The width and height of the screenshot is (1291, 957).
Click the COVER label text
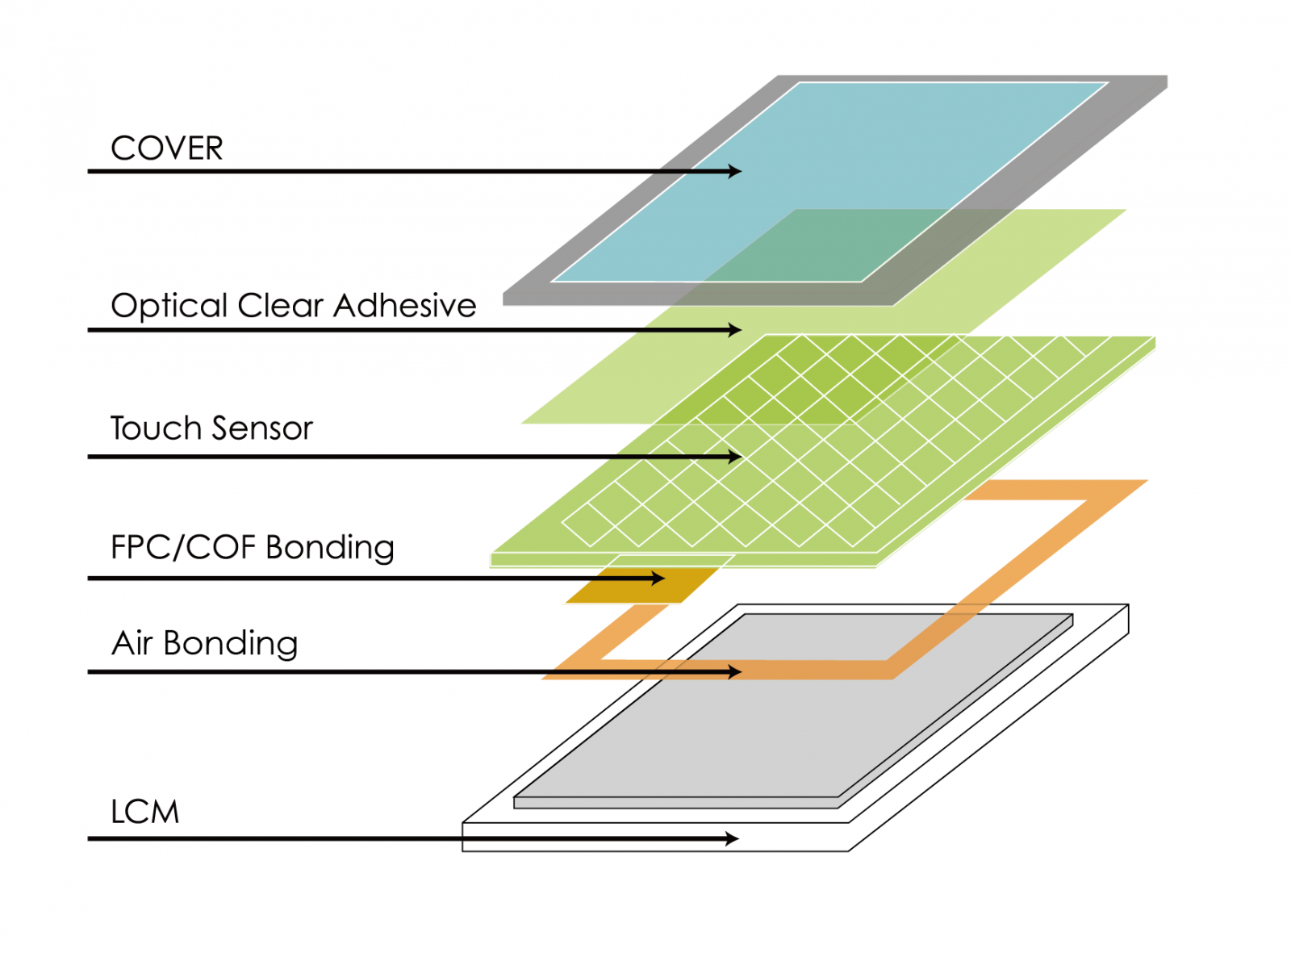pyautogui.click(x=166, y=148)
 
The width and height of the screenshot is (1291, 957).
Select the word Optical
pyautogui.click(x=169, y=307)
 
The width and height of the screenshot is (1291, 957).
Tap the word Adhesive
pyautogui.click(x=404, y=305)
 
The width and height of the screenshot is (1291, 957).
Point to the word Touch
pyautogui.click(x=156, y=428)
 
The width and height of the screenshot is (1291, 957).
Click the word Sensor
pyautogui.click(x=262, y=429)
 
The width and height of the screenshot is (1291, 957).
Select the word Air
pyautogui.click(x=132, y=643)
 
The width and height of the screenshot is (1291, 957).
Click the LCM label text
pyautogui.click(x=145, y=812)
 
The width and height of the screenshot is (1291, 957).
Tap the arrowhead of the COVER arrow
pyautogui.click(x=735, y=171)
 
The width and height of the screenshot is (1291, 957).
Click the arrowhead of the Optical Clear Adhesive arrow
pyautogui.click(x=735, y=330)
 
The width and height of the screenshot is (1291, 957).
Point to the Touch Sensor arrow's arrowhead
pyautogui.click(x=735, y=457)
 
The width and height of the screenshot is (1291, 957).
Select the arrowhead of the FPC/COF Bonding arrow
pyautogui.click(x=658, y=578)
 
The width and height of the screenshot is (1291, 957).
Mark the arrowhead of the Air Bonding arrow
pyautogui.click(x=735, y=672)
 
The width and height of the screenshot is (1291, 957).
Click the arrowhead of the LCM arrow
pyautogui.click(x=732, y=838)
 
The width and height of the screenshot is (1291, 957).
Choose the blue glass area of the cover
pyautogui.click(x=829, y=182)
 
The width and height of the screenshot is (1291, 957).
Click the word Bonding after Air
pyautogui.click(x=231, y=645)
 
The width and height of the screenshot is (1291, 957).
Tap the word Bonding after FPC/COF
pyautogui.click(x=330, y=549)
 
